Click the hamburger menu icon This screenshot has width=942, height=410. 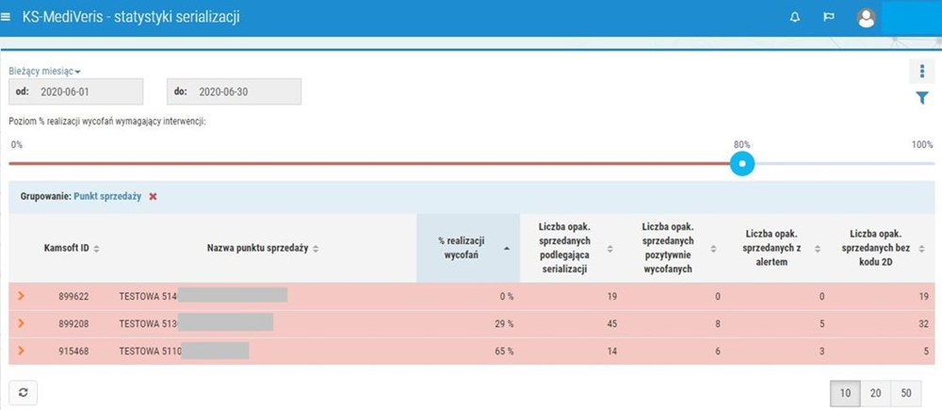click(x=8, y=17)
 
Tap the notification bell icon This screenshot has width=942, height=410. click(x=795, y=17)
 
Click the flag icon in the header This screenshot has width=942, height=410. click(x=829, y=17)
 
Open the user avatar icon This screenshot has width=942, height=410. click(x=867, y=17)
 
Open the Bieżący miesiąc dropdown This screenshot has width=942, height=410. click(x=44, y=71)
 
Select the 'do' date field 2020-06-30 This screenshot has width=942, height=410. click(x=234, y=91)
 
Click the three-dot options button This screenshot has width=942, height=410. click(x=922, y=72)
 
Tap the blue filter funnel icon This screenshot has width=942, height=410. click(x=922, y=98)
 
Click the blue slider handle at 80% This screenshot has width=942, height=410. click(x=742, y=163)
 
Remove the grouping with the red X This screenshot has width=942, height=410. click(x=153, y=196)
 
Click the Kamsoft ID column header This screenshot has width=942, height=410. click(x=72, y=248)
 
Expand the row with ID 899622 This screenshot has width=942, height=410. click(x=21, y=296)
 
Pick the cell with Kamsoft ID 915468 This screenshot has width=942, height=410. click(x=73, y=351)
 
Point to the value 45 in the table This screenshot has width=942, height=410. click(x=584, y=323)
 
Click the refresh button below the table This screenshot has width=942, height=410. click(x=23, y=392)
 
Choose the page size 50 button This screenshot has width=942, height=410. click(x=906, y=392)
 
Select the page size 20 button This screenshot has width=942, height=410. click(x=876, y=392)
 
